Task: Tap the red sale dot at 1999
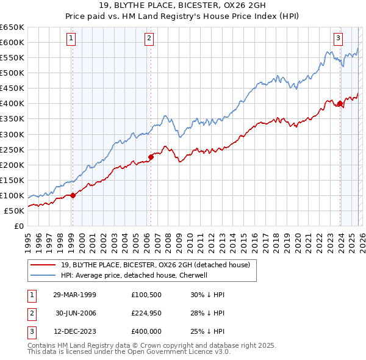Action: (73, 195)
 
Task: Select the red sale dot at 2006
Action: (151, 157)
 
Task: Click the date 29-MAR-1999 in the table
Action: (74, 294)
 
